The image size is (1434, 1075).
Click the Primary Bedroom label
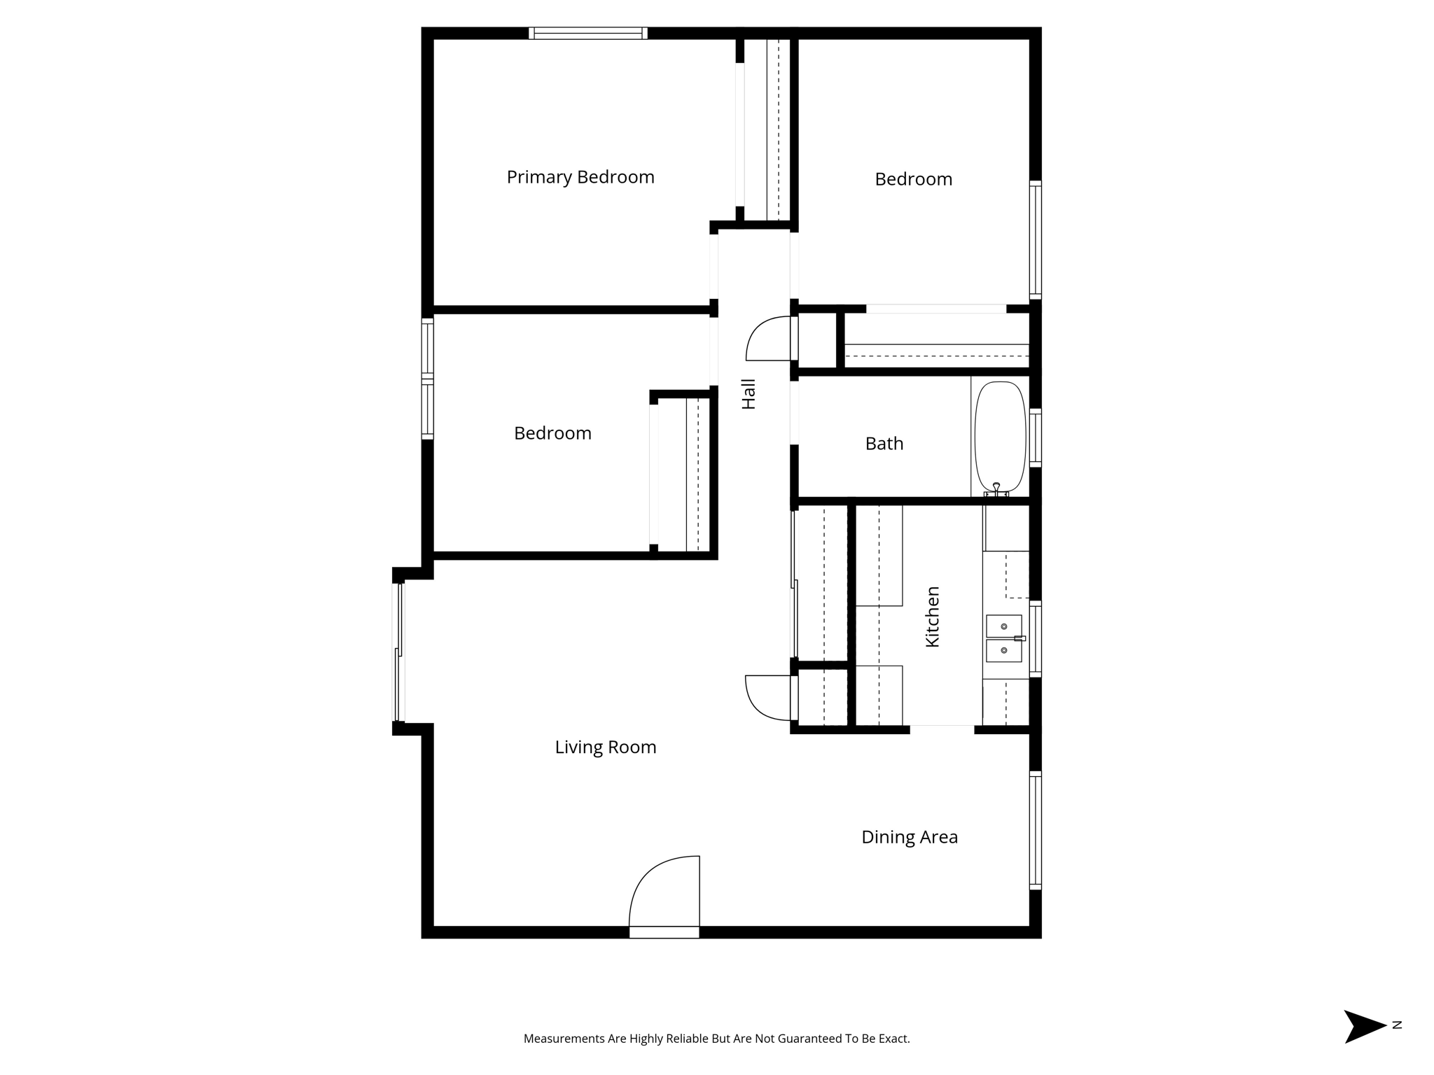580,177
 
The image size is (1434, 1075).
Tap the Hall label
749,394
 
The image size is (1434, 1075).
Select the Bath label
884,444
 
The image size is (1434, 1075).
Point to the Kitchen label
933,617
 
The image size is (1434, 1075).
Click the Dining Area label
909,837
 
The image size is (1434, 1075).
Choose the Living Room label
606,747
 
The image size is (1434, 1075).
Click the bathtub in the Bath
1000,435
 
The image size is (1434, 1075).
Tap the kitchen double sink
1003,638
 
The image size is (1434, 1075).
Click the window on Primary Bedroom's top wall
587,33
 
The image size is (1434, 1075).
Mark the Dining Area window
1035,830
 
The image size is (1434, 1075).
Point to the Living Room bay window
398,652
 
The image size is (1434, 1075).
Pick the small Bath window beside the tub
1036,438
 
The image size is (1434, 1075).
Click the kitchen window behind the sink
1036,638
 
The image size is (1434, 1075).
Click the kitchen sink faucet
1019,638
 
